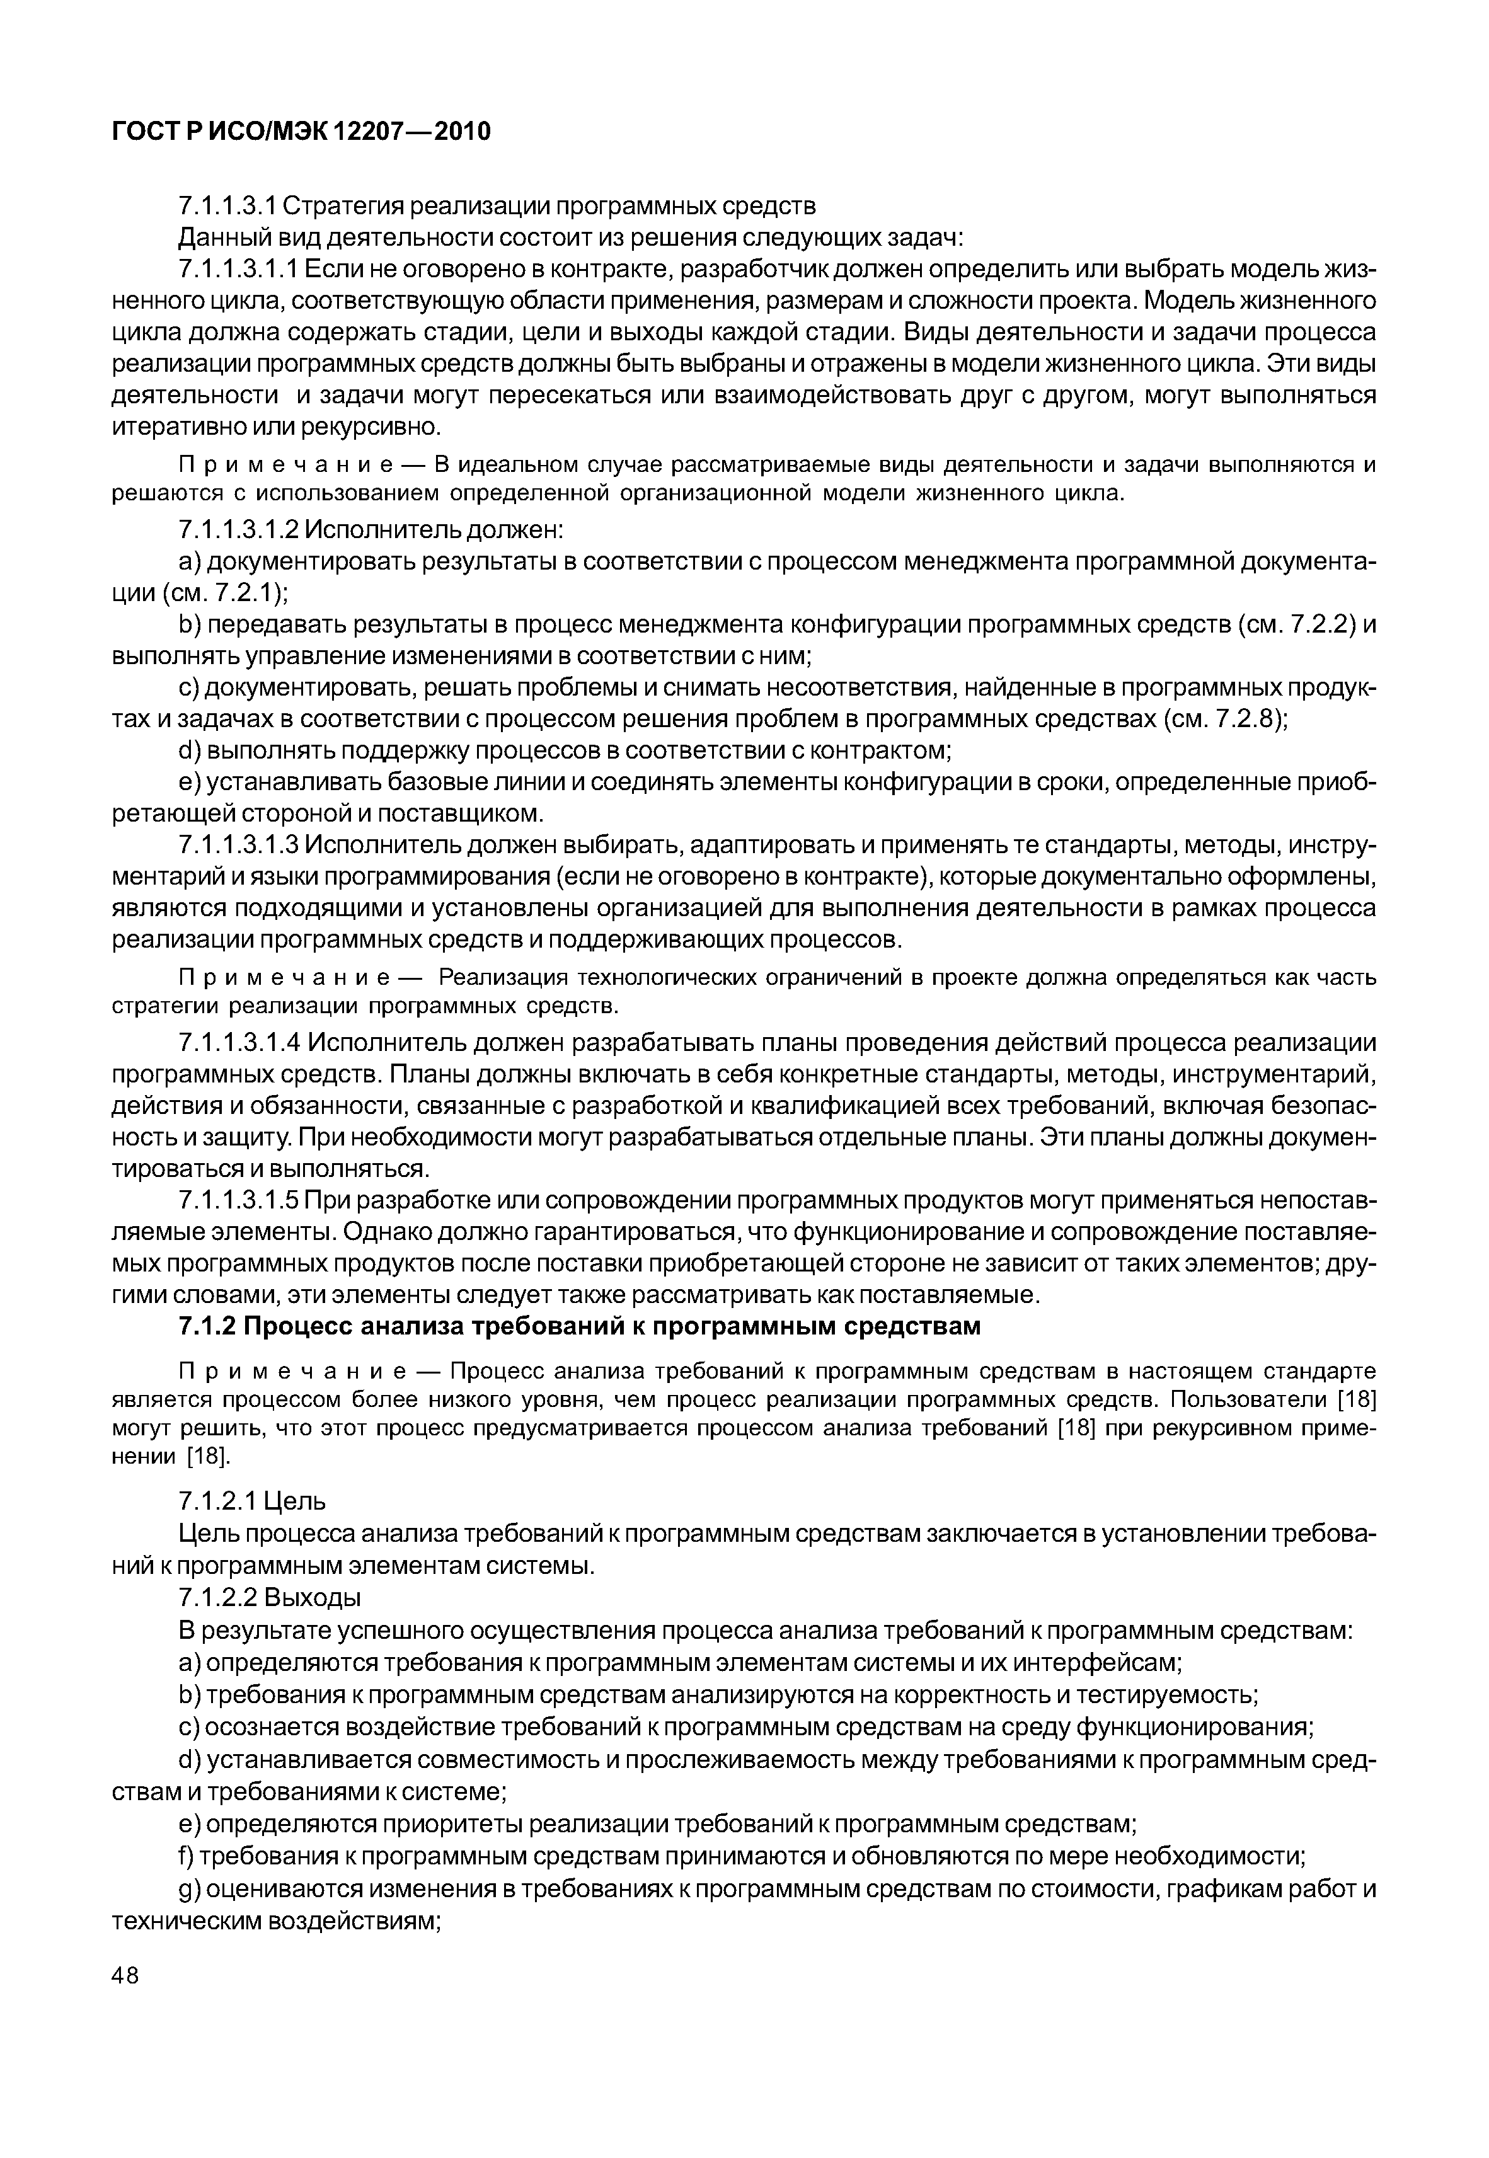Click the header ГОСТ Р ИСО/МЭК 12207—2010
click(301, 132)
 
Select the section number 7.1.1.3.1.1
click(238, 270)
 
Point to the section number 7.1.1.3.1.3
click(238, 845)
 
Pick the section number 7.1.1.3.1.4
click(238, 1042)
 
